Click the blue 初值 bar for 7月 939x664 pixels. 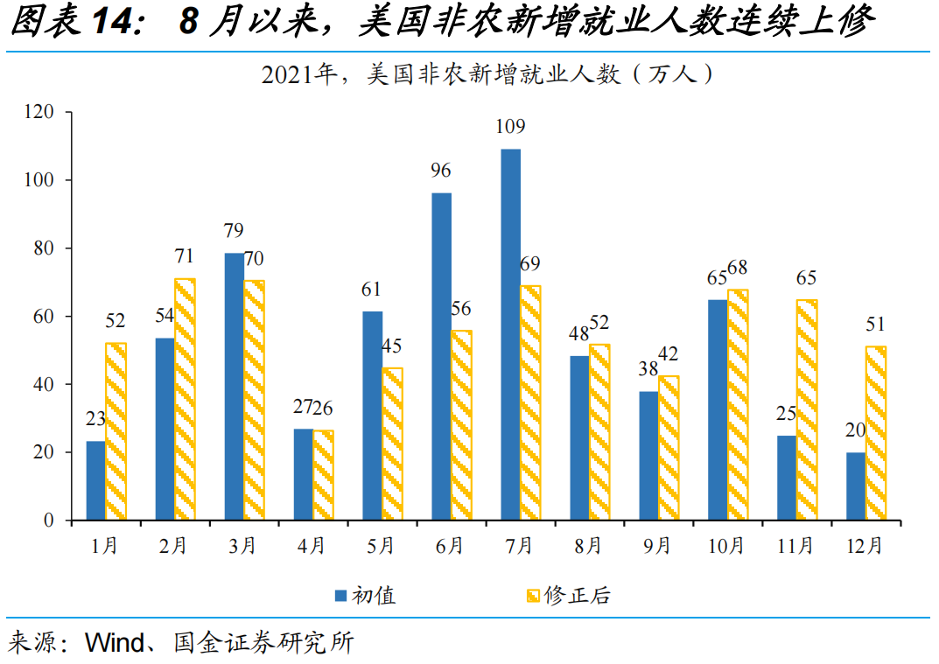(x=511, y=334)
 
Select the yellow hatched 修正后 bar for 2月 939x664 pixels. (x=185, y=399)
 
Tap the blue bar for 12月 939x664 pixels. (x=856, y=486)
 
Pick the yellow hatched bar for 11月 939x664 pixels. (x=807, y=409)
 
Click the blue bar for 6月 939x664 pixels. (x=442, y=356)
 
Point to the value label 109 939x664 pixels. (x=510, y=126)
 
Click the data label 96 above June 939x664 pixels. (x=441, y=171)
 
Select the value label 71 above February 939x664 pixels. (x=185, y=256)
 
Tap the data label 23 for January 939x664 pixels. (x=95, y=419)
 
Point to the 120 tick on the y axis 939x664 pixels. (x=39, y=112)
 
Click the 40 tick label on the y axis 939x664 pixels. (x=44, y=384)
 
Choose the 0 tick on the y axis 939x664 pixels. (x=49, y=521)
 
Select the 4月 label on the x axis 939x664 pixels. (x=311, y=545)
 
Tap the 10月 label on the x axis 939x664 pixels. (x=725, y=545)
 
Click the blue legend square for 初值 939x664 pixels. (x=340, y=596)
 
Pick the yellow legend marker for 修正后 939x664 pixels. (x=533, y=596)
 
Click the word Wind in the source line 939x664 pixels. (x=115, y=642)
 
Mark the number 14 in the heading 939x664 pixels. (x=113, y=20)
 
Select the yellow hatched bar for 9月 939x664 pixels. (x=669, y=448)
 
